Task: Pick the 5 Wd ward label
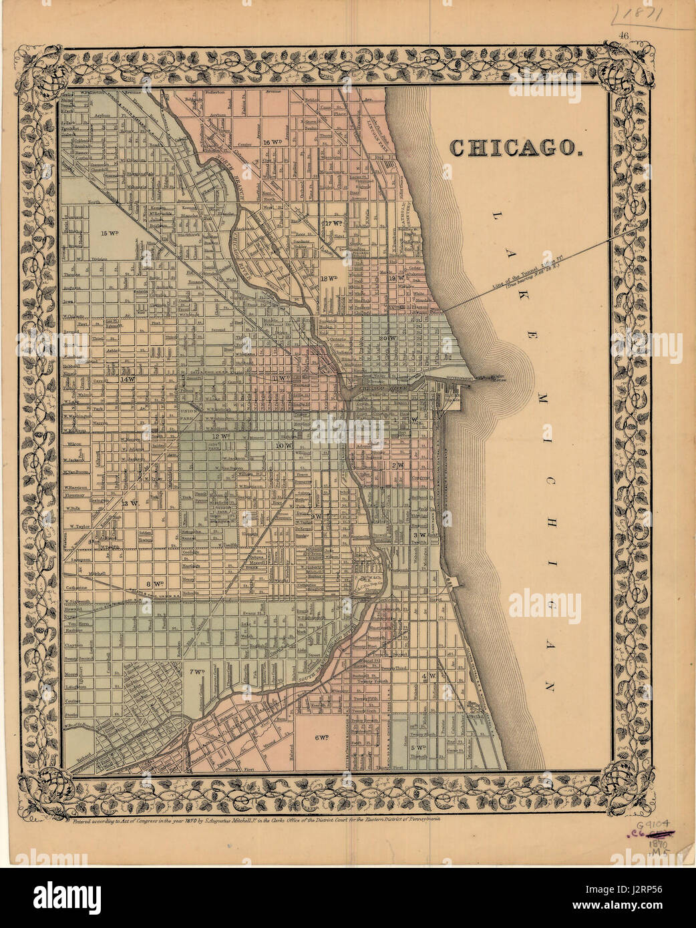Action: [x=419, y=747]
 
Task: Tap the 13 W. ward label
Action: [x=131, y=503]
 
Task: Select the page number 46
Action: [x=625, y=37]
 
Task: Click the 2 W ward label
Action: [x=399, y=465]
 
